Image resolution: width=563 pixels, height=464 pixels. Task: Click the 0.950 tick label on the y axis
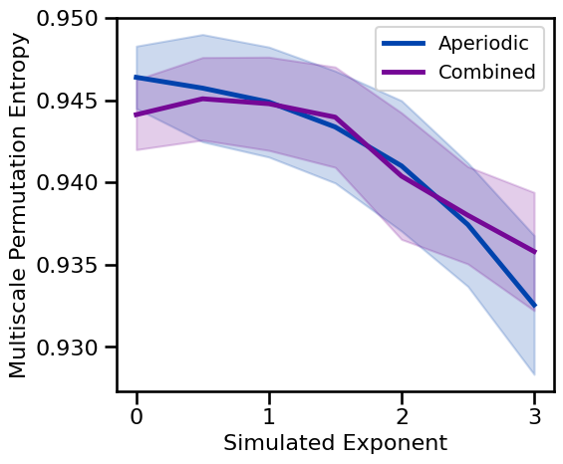(73, 19)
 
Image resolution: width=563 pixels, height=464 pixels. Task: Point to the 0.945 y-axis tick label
(73, 102)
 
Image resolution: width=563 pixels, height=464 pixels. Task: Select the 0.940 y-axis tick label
(73, 183)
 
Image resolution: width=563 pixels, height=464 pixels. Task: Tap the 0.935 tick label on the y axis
(73, 266)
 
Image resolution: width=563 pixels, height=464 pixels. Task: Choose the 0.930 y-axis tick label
(73, 348)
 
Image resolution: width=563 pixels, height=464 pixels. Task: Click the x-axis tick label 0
(136, 415)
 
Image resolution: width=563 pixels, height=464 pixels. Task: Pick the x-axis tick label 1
(269, 415)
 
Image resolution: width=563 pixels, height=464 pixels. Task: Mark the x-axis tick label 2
(402, 415)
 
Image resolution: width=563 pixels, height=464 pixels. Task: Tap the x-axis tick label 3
(535, 415)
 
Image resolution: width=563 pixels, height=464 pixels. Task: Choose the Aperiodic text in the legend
(490, 44)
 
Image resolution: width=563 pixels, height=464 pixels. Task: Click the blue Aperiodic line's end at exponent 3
(535, 306)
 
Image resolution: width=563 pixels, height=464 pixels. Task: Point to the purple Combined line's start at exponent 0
(137, 116)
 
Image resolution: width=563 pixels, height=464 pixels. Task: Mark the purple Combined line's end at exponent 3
(535, 252)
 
